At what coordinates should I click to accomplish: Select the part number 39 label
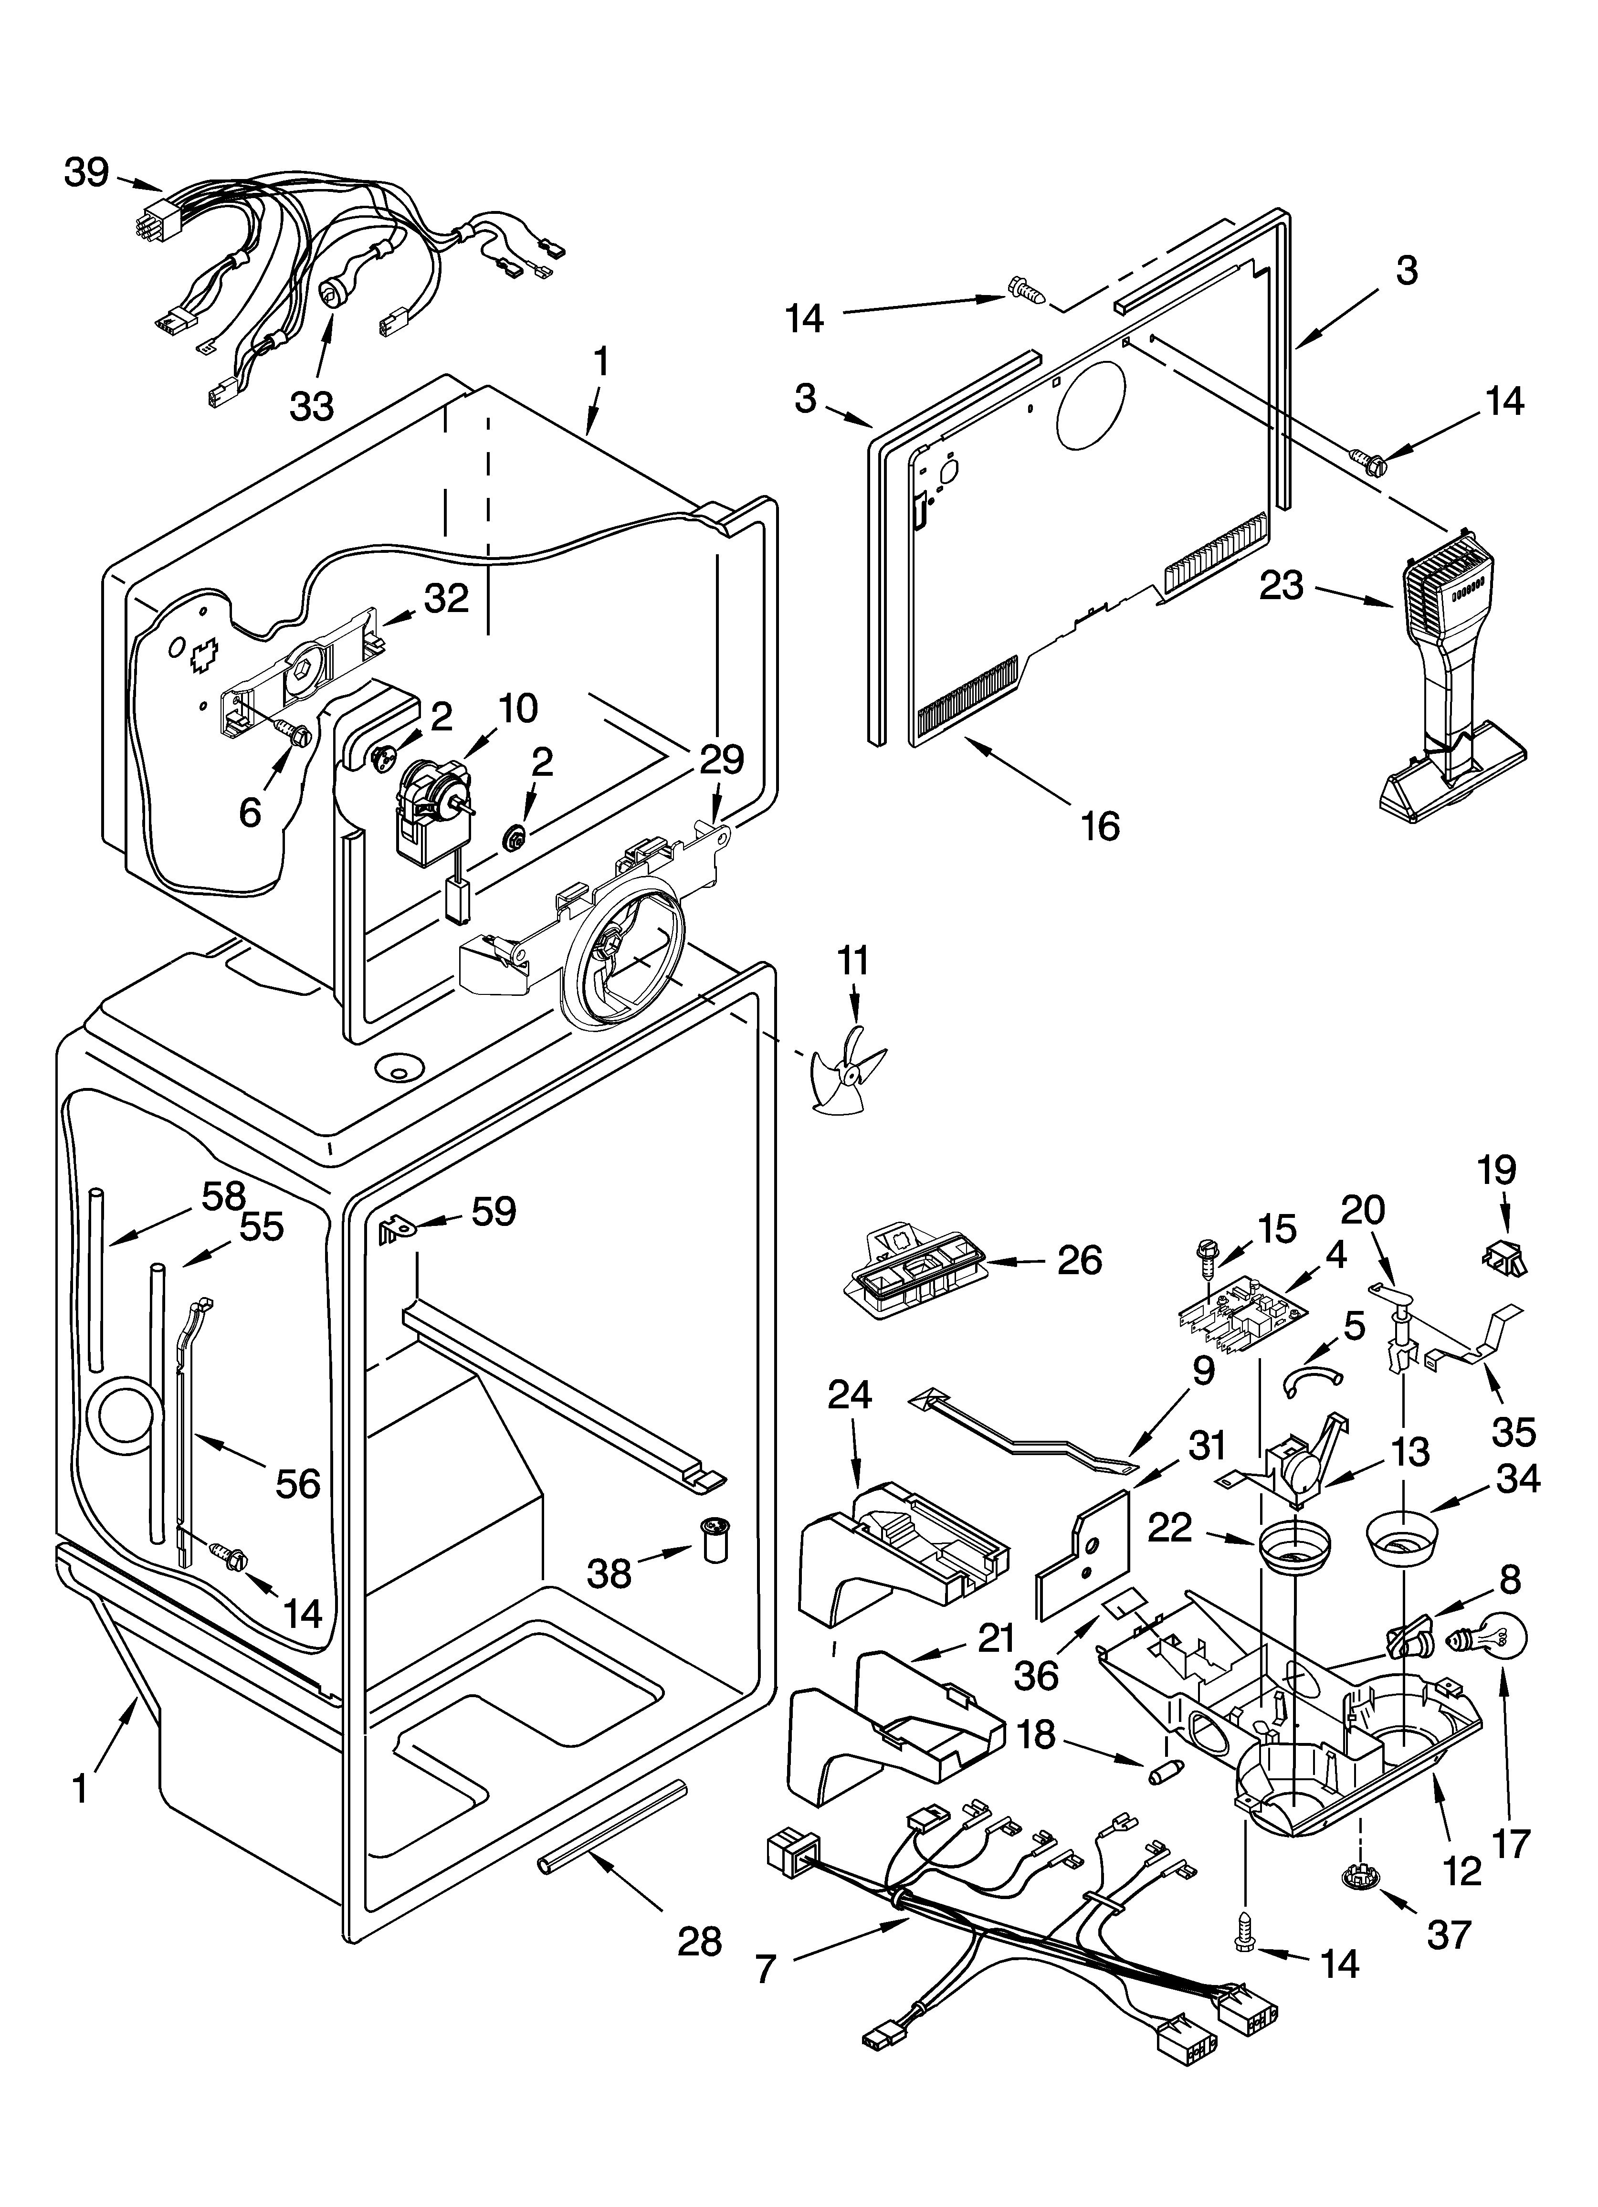[x=86, y=172]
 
